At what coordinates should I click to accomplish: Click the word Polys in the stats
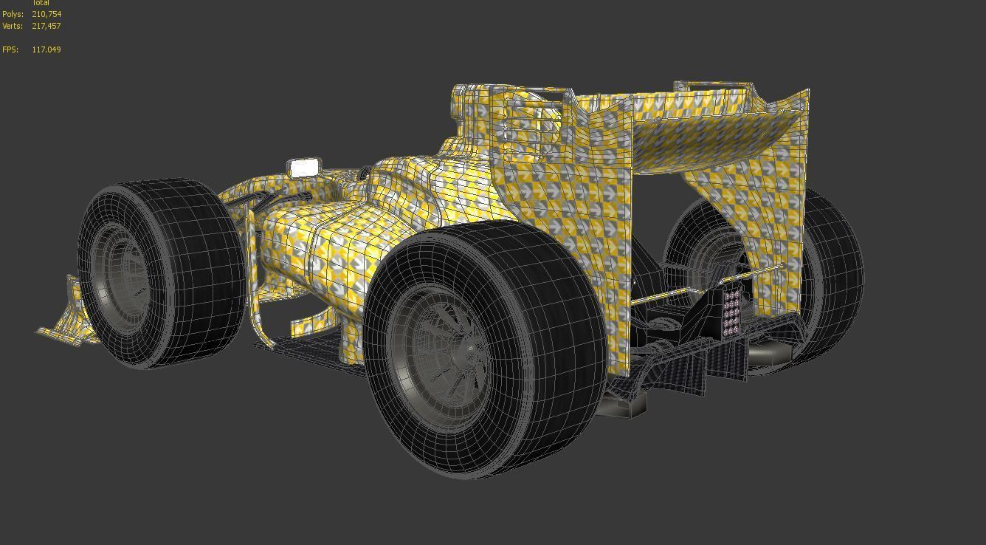coord(13,14)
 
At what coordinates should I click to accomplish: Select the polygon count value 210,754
coord(46,14)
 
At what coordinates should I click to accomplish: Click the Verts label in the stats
coord(13,26)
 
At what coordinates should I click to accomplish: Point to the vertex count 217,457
coord(46,26)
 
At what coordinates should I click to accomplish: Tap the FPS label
coord(10,49)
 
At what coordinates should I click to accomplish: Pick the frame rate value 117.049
coord(46,49)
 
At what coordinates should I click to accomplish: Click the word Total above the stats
coord(41,3)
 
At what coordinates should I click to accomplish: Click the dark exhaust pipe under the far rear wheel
coord(768,354)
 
